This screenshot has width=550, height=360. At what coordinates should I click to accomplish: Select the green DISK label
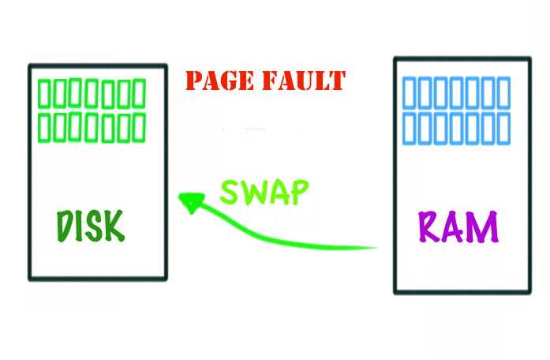click(90, 227)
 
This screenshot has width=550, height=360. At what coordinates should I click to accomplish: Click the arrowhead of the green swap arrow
click(189, 202)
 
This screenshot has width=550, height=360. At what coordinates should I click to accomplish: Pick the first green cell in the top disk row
click(45, 94)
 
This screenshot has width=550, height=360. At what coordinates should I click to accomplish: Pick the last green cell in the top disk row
click(140, 94)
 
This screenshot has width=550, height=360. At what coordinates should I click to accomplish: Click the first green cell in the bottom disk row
click(45, 128)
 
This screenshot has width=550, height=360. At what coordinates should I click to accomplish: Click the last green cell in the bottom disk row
click(140, 128)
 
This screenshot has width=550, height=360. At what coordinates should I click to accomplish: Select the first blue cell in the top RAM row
click(410, 94)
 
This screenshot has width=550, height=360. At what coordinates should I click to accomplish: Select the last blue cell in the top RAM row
click(503, 94)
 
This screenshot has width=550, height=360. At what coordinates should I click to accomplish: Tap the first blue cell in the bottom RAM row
click(410, 127)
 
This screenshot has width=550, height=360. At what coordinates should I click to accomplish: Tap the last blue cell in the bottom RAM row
click(503, 127)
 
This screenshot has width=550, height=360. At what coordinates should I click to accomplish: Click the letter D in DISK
click(65, 227)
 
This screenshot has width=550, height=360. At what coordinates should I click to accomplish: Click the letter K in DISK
click(114, 227)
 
